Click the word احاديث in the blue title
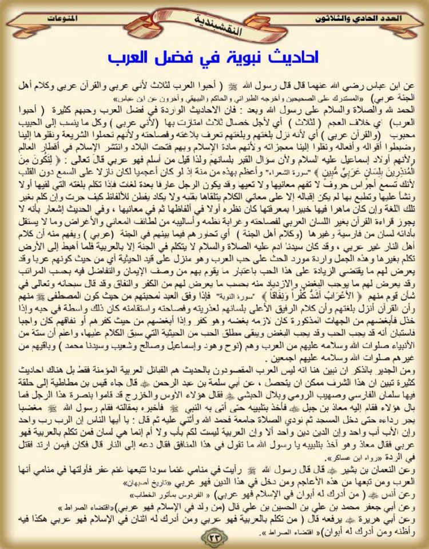pyautogui.click(x=294, y=58)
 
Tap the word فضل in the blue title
pyautogui.click(x=184, y=58)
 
